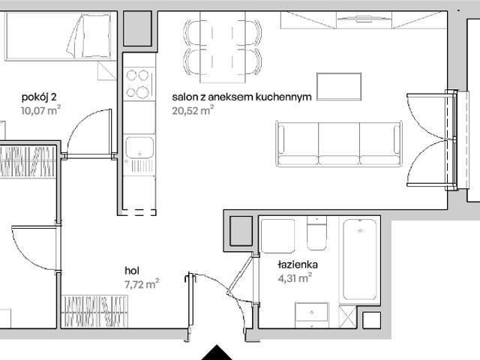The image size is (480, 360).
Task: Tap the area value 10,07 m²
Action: click(x=41, y=109)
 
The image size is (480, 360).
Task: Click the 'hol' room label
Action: click(x=133, y=271)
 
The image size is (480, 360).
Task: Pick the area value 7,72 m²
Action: click(x=142, y=283)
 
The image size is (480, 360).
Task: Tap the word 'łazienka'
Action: click(x=298, y=265)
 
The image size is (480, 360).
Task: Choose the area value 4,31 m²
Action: click(x=295, y=278)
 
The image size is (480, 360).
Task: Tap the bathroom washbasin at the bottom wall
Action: click(x=311, y=314)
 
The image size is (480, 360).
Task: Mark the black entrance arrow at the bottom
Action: click(x=217, y=352)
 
